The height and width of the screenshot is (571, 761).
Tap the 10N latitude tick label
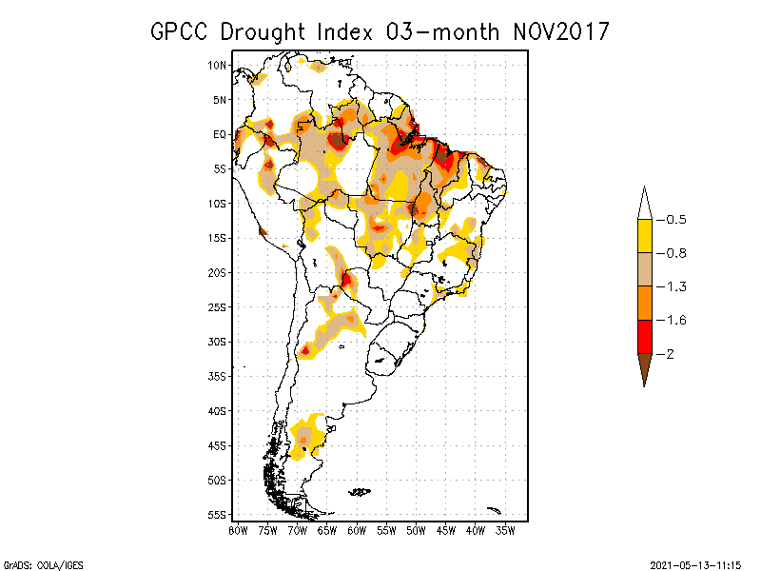point(218,65)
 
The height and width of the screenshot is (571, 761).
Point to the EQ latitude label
point(220,134)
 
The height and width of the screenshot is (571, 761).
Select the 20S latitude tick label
point(217,272)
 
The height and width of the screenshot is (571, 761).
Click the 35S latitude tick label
point(217,376)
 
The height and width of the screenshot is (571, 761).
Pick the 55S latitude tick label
point(217,514)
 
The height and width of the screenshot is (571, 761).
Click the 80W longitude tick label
point(238,530)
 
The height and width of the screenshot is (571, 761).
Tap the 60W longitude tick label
point(357,530)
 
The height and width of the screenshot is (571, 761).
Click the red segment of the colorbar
point(644,337)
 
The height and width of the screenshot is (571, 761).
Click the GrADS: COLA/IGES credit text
point(34,562)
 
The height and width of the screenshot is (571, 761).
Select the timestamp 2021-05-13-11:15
point(695,562)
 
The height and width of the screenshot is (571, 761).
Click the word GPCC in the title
point(182,31)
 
